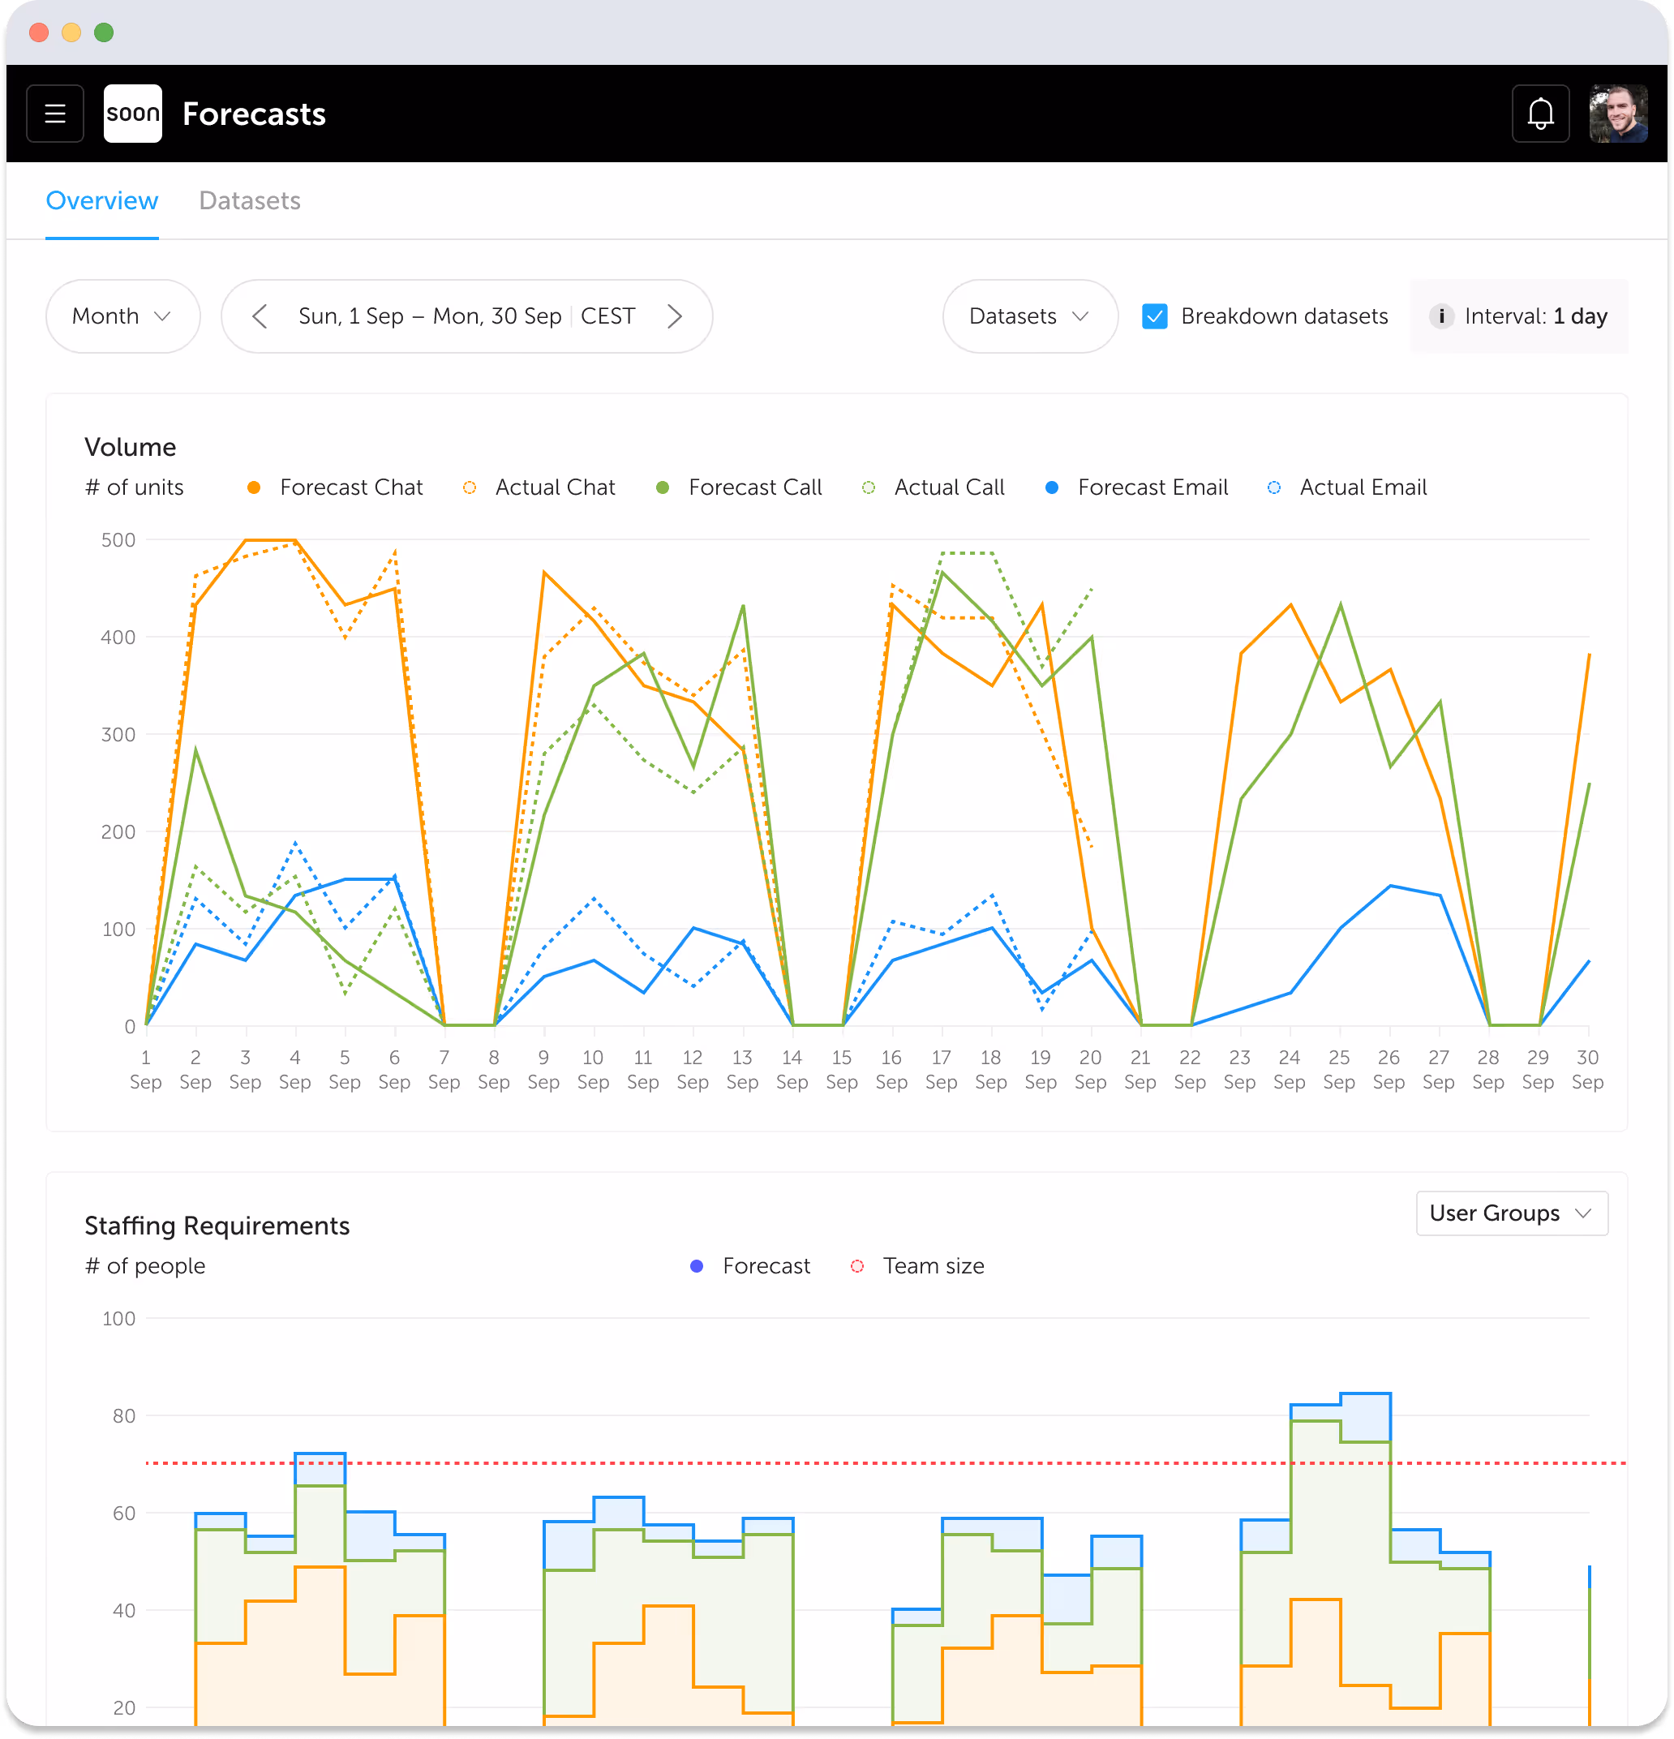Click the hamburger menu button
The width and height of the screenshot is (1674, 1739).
coord(55,114)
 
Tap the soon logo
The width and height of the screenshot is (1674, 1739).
coord(132,114)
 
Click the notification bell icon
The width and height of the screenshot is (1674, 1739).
coord(1540,114)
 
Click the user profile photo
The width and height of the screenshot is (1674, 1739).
coord(1618,114)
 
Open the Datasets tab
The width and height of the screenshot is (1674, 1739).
coord(249,200)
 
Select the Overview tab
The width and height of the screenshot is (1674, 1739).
coord(102,200)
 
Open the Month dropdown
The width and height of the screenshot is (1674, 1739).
coord(122,317)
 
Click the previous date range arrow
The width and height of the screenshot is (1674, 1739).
coord(259,317)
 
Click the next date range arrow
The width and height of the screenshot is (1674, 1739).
coord(674,317)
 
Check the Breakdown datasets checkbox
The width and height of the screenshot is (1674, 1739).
coord(1154,317)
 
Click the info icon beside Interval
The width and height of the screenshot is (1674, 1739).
coord(1441,317)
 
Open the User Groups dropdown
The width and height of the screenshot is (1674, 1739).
coord(1511,1213)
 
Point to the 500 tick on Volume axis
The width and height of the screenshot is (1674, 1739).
coord(118,540)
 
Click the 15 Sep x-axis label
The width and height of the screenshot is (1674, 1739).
coord(841,1069)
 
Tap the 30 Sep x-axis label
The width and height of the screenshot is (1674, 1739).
coord(1587,1069)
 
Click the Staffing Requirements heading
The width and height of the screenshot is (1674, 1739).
coord(217,1226)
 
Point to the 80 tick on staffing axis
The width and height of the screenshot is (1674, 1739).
coord(123,1416)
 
